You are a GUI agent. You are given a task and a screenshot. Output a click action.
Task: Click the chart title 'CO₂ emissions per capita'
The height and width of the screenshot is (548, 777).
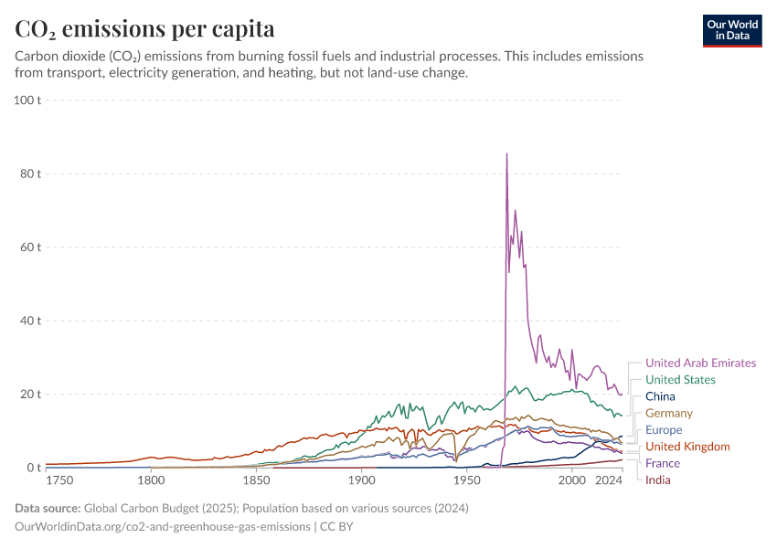(x=145, y=28)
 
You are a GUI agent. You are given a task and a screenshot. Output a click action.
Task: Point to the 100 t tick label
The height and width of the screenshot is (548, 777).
(x=27, y=100)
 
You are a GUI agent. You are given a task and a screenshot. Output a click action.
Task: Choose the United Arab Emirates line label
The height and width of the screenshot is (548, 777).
(x=700, y=363)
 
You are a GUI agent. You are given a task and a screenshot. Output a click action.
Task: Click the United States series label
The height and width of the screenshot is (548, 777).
(x=680, y=380)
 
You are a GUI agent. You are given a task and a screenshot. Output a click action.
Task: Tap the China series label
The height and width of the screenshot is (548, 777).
(x=660, y=396)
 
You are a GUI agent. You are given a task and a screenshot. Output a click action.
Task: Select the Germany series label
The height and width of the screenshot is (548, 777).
(x=668, y=414)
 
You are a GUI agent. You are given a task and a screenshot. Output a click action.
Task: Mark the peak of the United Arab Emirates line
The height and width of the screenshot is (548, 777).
(x=506, y=154)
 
